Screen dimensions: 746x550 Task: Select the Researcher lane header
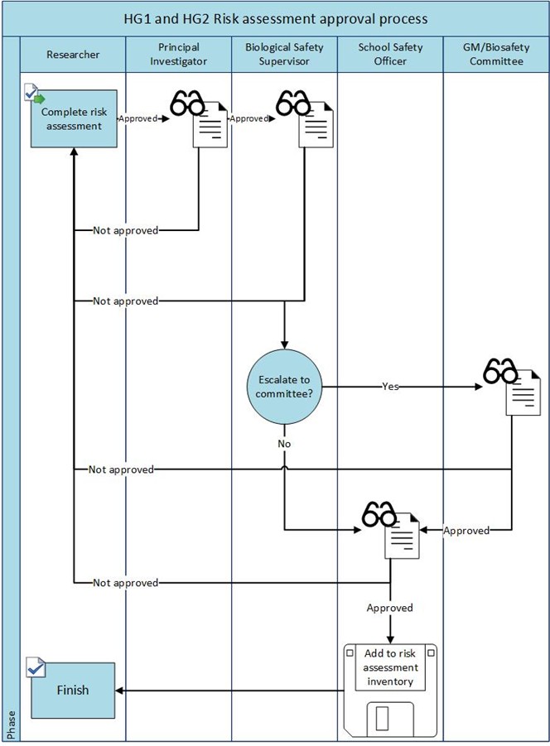pyautogui.click(x=73, y=55)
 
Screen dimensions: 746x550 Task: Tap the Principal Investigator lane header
pyautogui.click(x=179, y=55)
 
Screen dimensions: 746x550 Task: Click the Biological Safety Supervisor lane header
pyautogui.click(x=284, y=55)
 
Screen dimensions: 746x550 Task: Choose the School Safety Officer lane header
pyautogui.click(x=390, y=55)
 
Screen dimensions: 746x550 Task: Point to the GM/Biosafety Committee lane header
pyautogui.click(x=495, y=55)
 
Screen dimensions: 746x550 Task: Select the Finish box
pyautogui.click(x=72, y=690)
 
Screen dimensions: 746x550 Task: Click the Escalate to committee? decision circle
pyautogui.click(x=284, y=386)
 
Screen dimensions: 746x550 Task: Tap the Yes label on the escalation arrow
pyautogui.click(x=390, y=386)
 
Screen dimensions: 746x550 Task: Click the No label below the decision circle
pyautogui.click(x=284, y=444)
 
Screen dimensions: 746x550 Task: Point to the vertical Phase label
pyautogui.click(x=11, y=724)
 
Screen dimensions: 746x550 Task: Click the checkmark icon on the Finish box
pyautogui.click(x=36, y=668)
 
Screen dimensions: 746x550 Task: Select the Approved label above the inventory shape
pyautogui.click(x=389, y=608)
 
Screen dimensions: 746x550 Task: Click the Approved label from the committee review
pyautogui.click(x=466, y=530)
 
